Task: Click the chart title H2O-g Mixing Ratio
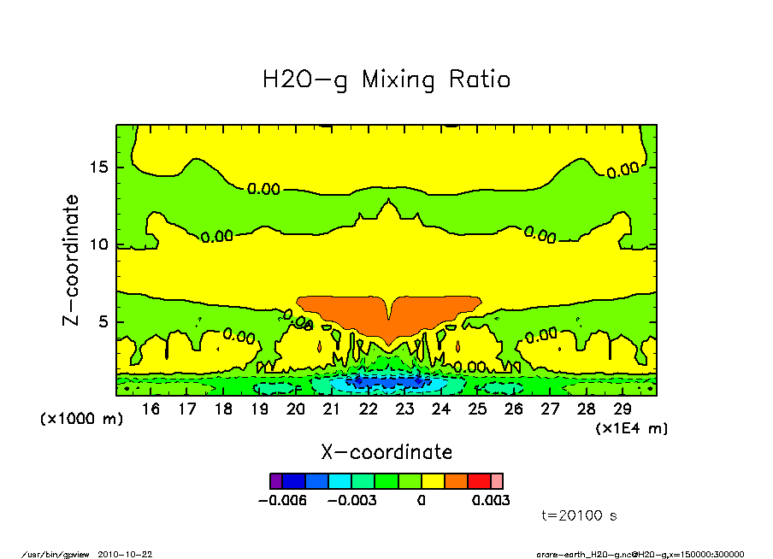coord(386,80)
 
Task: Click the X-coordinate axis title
coord(386,451)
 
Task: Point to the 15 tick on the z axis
coord(99,167)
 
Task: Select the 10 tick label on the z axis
coord(99,244)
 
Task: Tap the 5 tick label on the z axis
coord(104,322)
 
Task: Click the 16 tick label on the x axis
coord(150,409)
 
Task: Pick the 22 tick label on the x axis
coord(368,409)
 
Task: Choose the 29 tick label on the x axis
coord(622,409)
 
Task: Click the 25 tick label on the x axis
coord(476,409)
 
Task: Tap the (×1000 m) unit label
coord(82,419)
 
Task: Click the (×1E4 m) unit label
coord(632,427)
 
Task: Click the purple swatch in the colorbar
coord(275,481)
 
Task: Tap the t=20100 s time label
coord(580,515)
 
